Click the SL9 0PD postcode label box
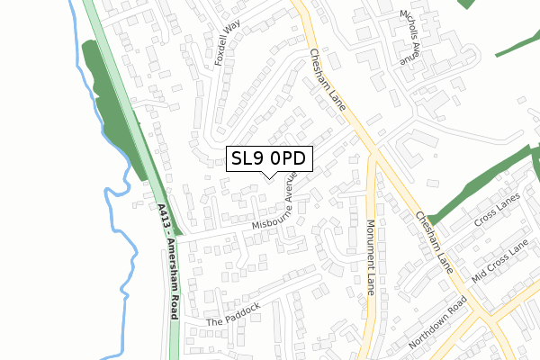[269, 158]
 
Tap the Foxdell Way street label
[222, 40]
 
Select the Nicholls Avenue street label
[410, 38]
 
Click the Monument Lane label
[370, 257]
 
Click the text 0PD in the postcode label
[289, 158]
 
